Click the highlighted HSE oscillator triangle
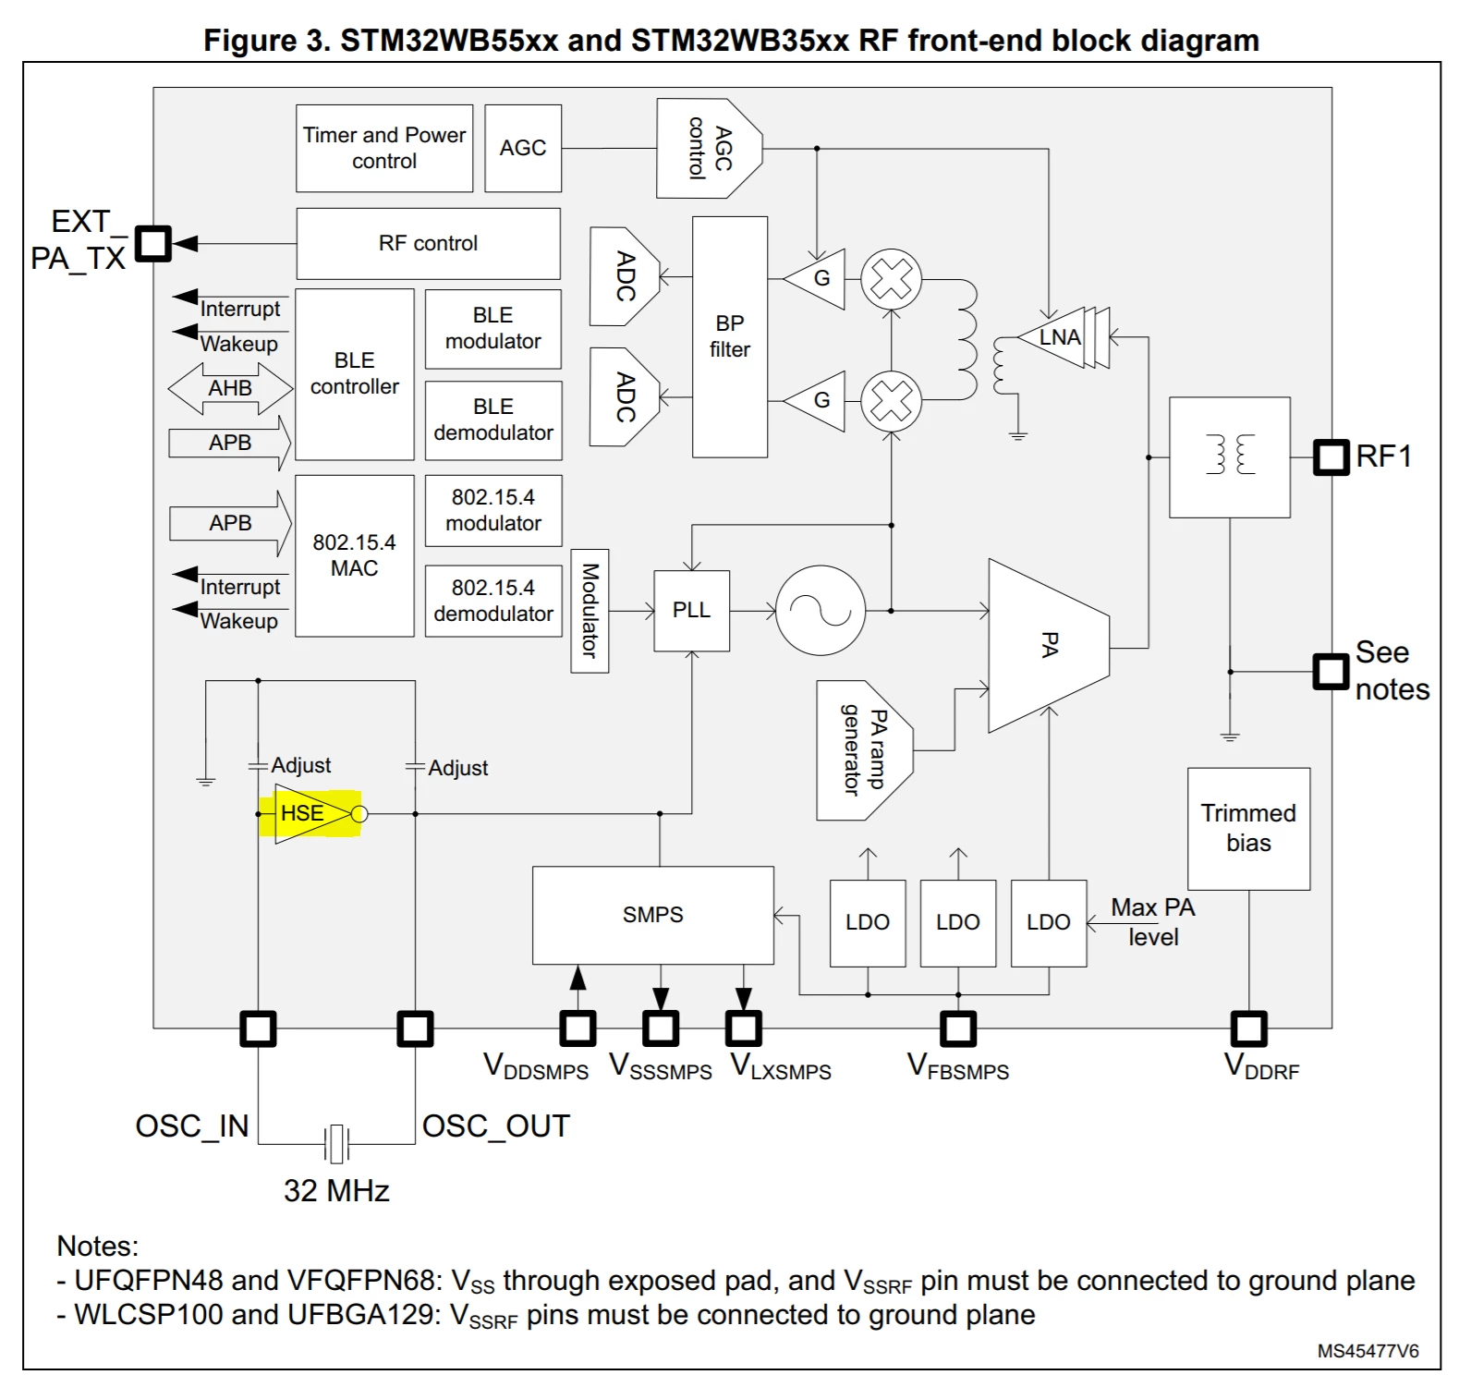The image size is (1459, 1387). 313,813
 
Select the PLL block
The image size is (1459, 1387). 691,611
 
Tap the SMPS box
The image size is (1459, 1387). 652,915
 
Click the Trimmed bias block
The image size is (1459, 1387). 1248,828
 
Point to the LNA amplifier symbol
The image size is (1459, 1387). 1063,337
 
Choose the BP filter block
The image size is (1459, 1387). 729,336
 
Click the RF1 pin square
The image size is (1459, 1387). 1331,456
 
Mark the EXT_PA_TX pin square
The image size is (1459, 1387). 153,244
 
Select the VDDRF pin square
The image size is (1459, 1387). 1248,1028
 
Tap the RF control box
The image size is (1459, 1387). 428,243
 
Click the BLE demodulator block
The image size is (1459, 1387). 493,420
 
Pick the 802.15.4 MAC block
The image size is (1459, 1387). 354,555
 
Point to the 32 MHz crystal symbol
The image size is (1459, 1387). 336,1144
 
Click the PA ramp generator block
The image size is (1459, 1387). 864,750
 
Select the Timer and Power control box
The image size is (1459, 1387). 384,148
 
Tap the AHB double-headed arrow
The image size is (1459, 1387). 230,388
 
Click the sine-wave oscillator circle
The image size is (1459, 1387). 821,611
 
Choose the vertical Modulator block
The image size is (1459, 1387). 590,611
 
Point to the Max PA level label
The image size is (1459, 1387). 1153,922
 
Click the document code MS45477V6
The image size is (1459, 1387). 1368,1351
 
